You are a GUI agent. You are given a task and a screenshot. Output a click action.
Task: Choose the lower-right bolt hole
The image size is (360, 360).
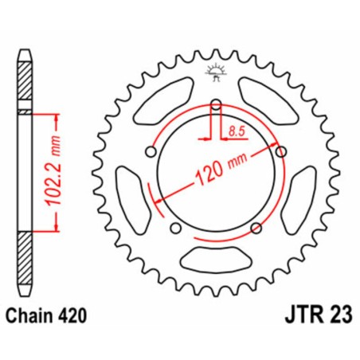click(256, 229)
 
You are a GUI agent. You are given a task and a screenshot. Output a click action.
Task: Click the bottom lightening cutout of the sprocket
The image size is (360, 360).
click(216, 258)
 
